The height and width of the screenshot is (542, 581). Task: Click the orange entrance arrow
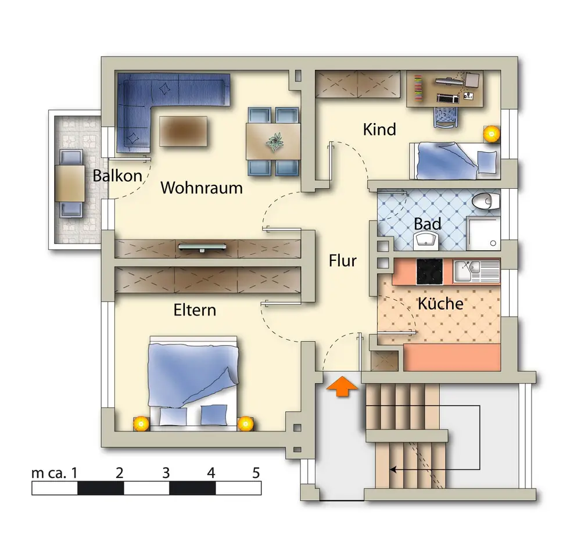[342, 387]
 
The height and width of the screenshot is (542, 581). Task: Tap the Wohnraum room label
[202, 188]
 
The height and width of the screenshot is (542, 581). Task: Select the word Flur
[342, 261]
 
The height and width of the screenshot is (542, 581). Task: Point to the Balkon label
[117, 175]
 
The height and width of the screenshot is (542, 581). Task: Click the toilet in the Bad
[486, 202]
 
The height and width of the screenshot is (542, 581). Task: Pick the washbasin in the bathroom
[426, 241]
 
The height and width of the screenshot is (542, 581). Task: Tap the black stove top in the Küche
[429, 272]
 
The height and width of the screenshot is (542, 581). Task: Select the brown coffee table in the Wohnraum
[183, 131]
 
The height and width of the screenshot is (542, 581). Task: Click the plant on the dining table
[275, 142]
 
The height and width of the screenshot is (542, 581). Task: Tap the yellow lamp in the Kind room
[492, 134]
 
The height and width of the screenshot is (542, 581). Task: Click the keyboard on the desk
[448, 98]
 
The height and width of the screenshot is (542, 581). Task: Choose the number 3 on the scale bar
[166, 473]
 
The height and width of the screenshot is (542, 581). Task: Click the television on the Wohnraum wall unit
[202, 247]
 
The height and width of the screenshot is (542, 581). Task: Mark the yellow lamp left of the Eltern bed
[141, 423]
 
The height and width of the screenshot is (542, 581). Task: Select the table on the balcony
[70, 184]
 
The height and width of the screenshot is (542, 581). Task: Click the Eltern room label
[195, 310]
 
